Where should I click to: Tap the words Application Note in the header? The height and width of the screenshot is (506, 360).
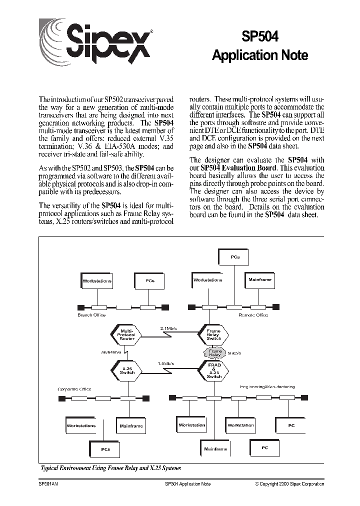click(260, 55)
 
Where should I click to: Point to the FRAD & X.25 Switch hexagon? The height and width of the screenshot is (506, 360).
click(214, 371)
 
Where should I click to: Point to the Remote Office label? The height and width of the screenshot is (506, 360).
click(253, 315)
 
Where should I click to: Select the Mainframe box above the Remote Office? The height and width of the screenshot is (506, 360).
click(259, 280)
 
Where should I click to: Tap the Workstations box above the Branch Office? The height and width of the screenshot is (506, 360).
click(97, 281)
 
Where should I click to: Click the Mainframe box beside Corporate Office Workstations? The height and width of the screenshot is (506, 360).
click(131, 426)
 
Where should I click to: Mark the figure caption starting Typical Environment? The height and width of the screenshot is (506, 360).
click(110, 468)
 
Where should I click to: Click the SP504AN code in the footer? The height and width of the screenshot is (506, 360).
click(48, 484)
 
